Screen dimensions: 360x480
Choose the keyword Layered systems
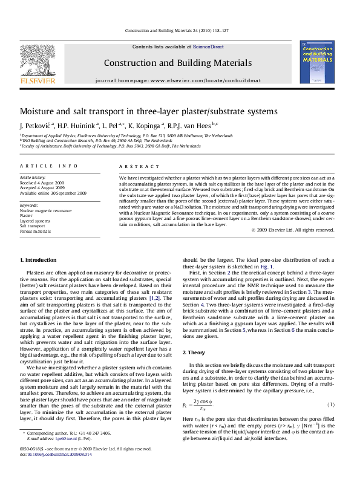point(36,221)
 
